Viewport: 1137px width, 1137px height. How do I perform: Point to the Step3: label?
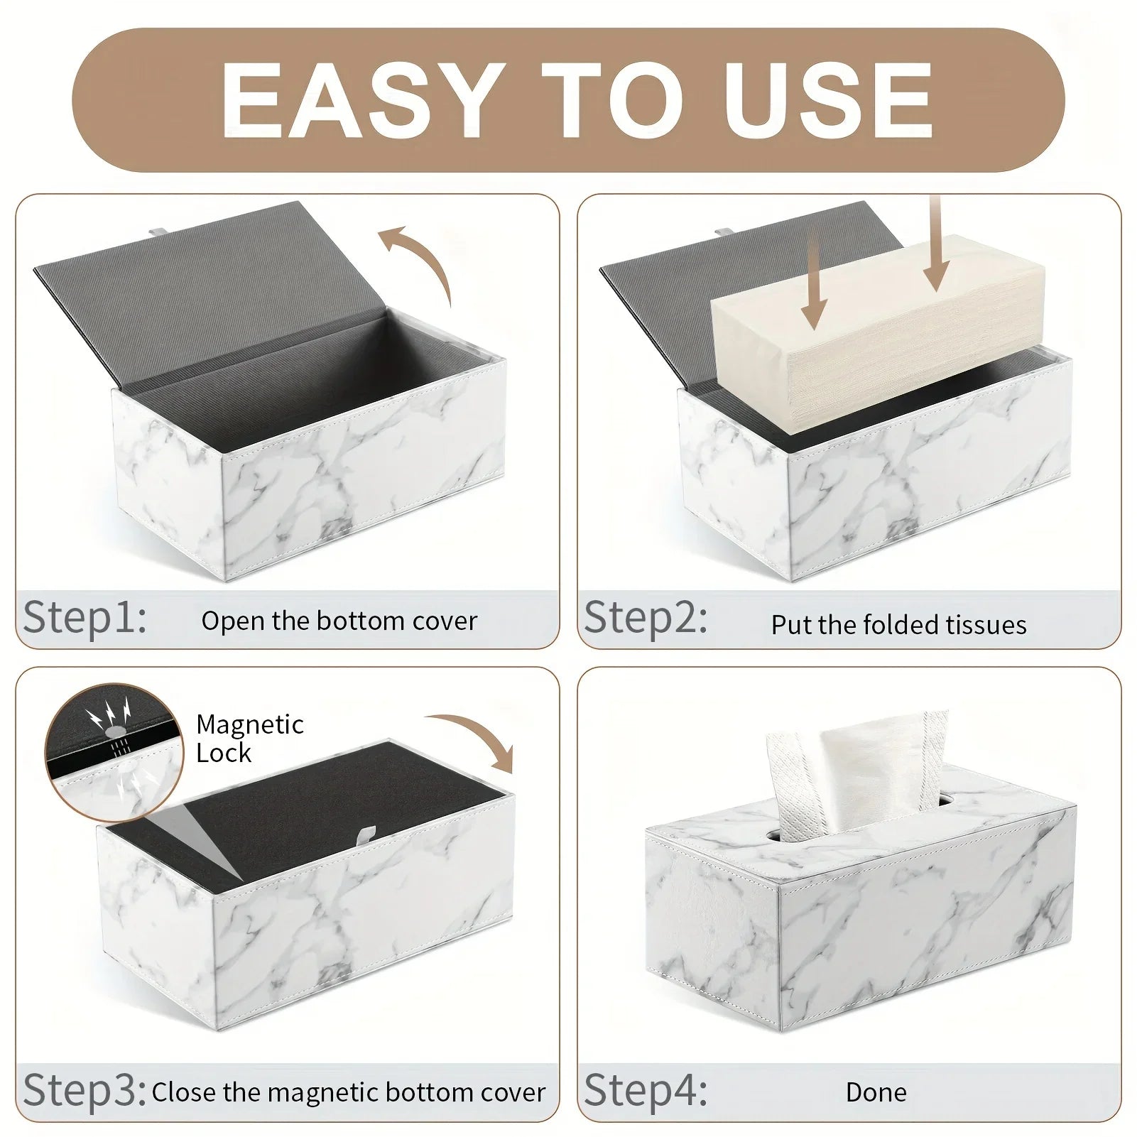coord(85,1089)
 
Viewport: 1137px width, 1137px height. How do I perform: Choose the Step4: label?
coord(646,1089)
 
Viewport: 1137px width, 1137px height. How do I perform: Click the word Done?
coord(876,1092)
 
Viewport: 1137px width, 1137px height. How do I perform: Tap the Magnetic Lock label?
coord(249,739)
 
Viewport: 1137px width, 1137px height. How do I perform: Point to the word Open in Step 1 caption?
coord(222,621)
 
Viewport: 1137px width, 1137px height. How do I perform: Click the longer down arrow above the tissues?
coord(936,241)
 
